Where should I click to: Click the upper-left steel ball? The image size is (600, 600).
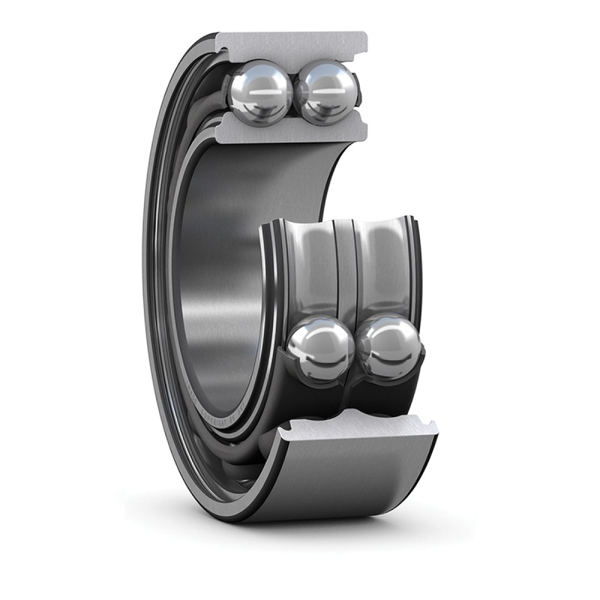point(259,91)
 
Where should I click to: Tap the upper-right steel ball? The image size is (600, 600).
point(325,91)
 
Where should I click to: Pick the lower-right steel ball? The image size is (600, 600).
point(388,349)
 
